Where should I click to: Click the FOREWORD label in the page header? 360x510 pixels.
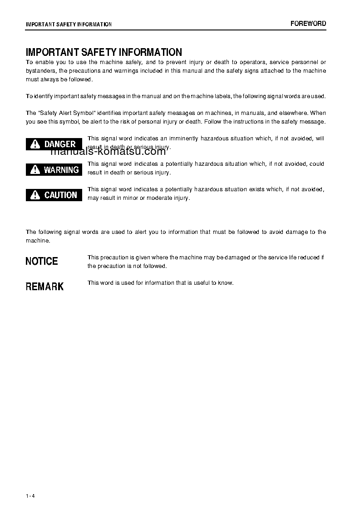click(308, 24)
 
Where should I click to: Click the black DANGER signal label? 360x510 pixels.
click(54, 144)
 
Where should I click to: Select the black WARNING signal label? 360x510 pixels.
click(54, 170)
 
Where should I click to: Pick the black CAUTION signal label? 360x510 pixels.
click(54, 195)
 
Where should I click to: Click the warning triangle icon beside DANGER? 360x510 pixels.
click(35, 144)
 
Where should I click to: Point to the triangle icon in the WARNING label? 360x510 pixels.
click(35, 170)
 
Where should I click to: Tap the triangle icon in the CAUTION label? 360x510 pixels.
click(35, 196)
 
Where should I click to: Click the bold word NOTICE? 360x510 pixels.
click(42, 261)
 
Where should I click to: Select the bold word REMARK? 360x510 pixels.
click(44, 287)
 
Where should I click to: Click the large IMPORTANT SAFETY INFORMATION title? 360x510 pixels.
click(104, 52)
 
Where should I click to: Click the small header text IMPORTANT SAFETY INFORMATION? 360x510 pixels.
click(69, 24)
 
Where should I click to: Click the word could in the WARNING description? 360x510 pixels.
click(316, 164)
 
